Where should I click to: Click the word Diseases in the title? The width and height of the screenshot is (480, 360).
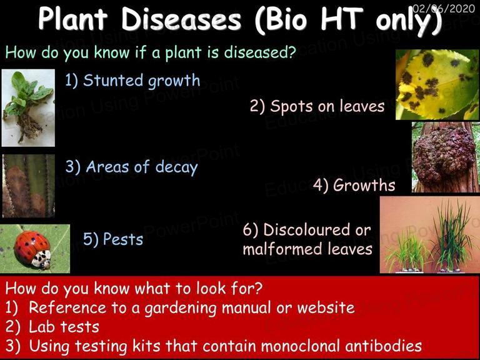click(181, 19)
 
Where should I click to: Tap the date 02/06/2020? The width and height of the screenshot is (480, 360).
click(444, 8)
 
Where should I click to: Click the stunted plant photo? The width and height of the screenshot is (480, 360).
click(28, 107)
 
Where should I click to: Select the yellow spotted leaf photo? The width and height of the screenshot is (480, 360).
click(437, 85)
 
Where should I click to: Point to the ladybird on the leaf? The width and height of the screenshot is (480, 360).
click(32, 249)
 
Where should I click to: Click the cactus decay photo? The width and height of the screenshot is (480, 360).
click(29, 186)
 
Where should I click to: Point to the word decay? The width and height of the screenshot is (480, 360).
click(176, 167)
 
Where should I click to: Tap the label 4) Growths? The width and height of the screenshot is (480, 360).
click(354, 185)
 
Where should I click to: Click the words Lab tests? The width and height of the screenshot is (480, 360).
click(64, 327)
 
